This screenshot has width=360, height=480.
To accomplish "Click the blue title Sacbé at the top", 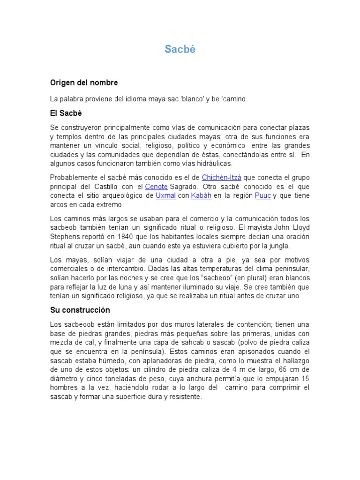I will pos(180,50).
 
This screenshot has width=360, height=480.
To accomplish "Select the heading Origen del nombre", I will pos(84,82).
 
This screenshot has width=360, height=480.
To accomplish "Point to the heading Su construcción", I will pos(80,310).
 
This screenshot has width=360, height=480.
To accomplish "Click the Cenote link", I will pos(157,187).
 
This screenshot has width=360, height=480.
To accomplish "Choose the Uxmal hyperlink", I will pos(165,195).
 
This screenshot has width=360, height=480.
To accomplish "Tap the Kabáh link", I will pos(201,195).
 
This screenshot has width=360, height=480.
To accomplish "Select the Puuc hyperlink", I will pos(262,195).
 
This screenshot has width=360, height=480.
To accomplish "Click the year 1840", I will pos(127,236).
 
